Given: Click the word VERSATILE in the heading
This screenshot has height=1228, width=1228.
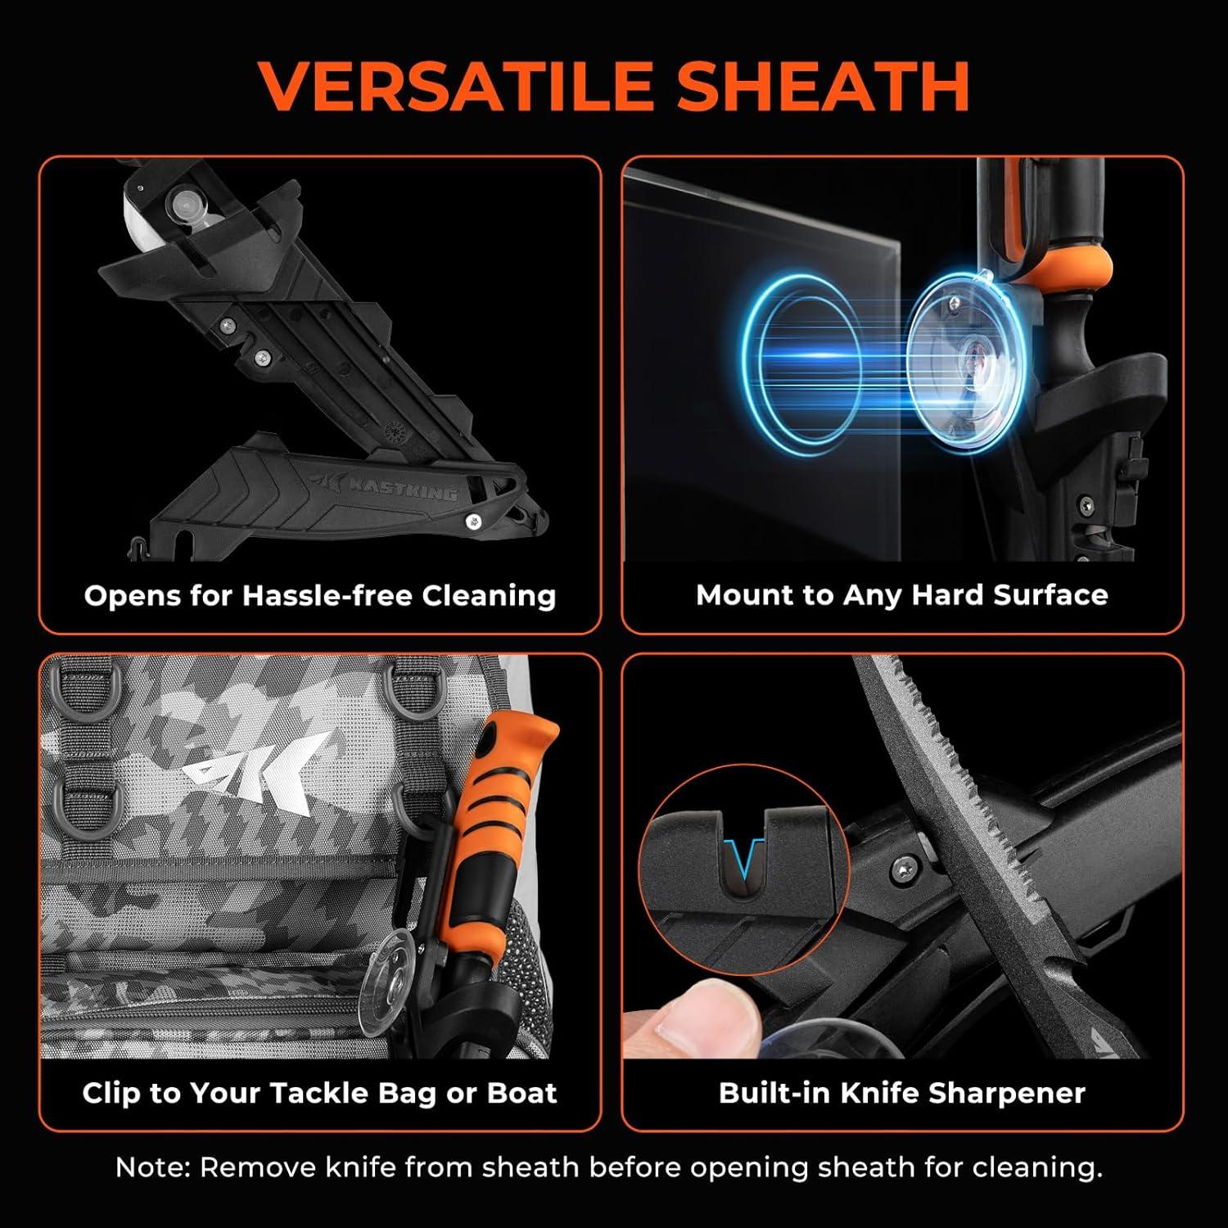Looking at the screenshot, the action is click(x=455, y=85).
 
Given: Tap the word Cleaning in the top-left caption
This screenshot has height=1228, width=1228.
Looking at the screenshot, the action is click(x=489, y=596).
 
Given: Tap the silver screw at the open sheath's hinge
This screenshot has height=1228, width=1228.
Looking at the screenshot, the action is click(x=473, y=520).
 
